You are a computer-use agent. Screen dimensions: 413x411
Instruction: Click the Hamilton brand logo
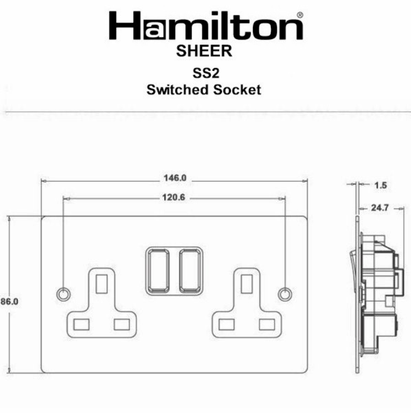coord(206,27)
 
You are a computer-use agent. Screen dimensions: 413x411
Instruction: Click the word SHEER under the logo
coord(204,51)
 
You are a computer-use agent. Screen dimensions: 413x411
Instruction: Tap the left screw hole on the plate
coord(63,293)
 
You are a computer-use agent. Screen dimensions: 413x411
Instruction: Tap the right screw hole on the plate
coord(285,293)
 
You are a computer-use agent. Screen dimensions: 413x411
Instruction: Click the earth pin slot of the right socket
coord(247,283)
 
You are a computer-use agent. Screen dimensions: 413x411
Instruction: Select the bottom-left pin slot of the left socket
coord(81,324)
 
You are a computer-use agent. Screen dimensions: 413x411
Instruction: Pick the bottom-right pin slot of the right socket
coord(267,324)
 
